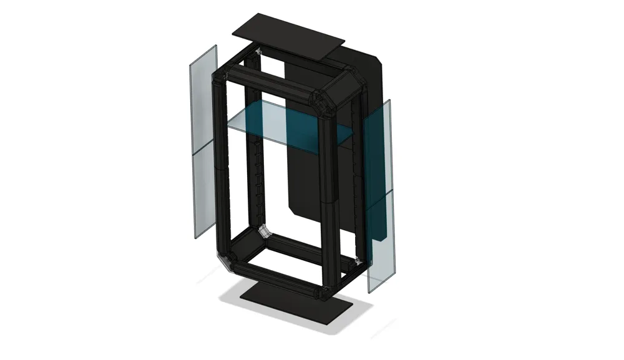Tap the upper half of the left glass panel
(203, 100)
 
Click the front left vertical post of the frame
(220, 168)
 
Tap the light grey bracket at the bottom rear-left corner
(265, 232)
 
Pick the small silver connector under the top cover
(258, 50)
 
